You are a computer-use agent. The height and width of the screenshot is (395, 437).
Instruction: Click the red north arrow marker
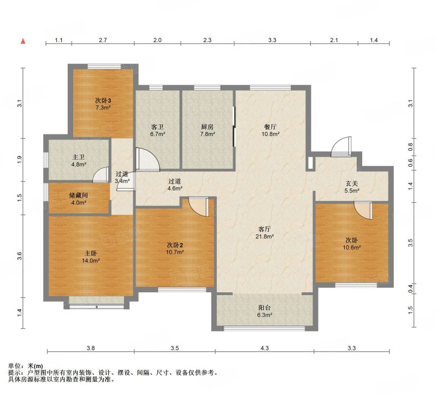click(23, 42)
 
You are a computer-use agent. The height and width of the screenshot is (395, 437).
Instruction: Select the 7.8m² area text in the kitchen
click(208, 134)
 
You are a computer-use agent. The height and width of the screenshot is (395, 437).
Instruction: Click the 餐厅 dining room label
click(270, 127)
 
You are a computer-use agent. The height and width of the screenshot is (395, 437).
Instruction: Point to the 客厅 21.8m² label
click(265, 233)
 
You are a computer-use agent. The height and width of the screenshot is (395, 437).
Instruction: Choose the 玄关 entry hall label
click(352, 184)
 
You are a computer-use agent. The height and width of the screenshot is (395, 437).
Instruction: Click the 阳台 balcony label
click(264, 308)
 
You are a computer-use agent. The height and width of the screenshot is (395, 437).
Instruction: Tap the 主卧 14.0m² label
click(91, 257)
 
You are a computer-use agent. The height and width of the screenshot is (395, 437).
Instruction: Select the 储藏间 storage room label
click(78, 196)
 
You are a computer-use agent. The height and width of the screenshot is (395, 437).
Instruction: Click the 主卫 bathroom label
click(78, 157)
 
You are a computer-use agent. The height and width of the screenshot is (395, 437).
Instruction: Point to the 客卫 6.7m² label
click(157, 130)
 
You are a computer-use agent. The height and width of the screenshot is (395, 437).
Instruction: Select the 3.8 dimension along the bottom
click(91, 348)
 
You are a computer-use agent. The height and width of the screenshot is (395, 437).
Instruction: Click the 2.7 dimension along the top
click(103, 40)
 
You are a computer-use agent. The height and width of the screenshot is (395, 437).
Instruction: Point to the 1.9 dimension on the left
click(19, 160)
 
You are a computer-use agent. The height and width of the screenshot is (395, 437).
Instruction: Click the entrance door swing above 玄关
click(341, 146)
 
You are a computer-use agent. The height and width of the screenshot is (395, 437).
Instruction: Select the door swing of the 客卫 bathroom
click(147, 159)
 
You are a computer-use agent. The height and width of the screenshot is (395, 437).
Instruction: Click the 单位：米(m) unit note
click(25, 366)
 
